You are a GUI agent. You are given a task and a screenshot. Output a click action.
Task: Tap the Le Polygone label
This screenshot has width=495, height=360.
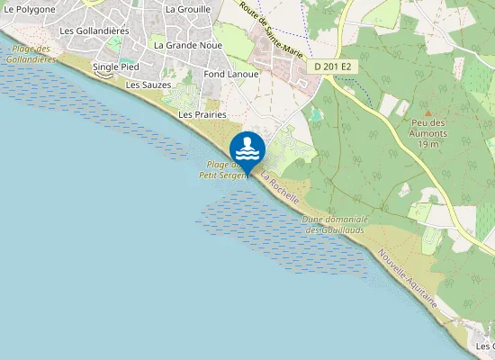30,9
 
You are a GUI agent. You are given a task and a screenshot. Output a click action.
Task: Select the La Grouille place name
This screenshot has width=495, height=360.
188,9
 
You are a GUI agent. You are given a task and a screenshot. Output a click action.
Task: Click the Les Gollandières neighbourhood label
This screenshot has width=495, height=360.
94,31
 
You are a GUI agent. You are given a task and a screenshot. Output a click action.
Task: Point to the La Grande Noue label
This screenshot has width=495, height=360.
186,44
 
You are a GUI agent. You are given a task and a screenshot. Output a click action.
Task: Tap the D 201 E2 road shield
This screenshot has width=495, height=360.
337,67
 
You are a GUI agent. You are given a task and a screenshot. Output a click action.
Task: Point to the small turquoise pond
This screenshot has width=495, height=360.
314,115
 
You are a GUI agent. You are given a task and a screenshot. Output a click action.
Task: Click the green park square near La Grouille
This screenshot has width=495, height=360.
116,43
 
